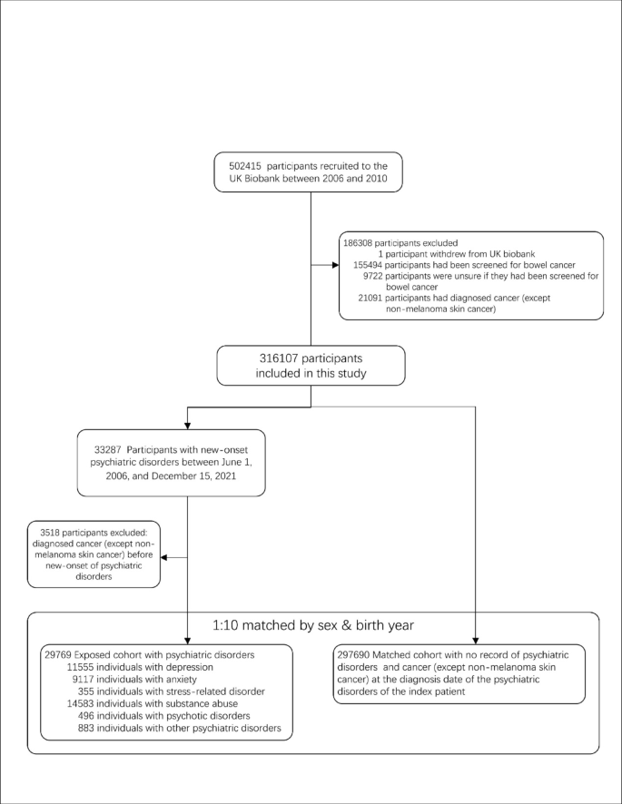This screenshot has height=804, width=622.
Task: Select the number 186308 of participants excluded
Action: [360, 244]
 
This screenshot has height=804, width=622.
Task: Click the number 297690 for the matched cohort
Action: [352, 653]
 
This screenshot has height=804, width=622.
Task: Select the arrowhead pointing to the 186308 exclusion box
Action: [333, 266]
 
